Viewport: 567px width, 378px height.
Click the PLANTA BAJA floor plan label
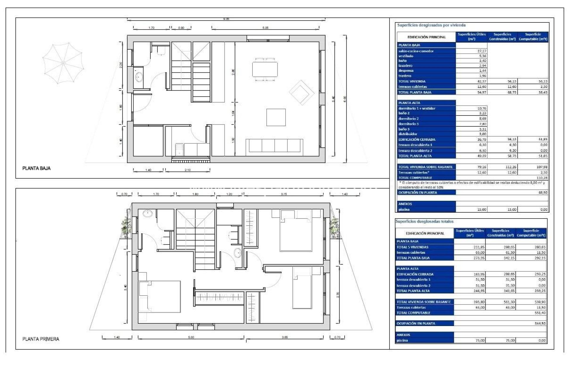(36, 168)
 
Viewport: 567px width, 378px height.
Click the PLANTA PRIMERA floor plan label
(41, 339)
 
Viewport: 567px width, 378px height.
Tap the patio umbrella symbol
(63, 63)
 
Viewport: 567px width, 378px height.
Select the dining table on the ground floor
(265, 69)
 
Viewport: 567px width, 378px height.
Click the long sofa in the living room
(274, 146)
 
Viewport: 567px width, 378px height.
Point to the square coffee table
(276, 117)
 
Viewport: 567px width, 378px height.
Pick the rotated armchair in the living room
(301, 92)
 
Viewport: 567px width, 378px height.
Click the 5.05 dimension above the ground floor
(265, 28)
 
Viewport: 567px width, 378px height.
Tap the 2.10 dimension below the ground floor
(188, 170)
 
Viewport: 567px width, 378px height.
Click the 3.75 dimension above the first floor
(283, 194)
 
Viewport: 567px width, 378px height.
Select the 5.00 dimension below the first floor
(191, 337)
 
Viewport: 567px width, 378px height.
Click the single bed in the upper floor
(302, 288)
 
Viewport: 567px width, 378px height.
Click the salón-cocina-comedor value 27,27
(482, 51)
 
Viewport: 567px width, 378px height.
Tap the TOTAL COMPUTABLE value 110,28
(542, 178)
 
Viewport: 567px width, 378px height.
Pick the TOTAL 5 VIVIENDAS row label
(412, 247)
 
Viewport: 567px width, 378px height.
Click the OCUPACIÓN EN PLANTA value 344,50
(540, 323)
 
